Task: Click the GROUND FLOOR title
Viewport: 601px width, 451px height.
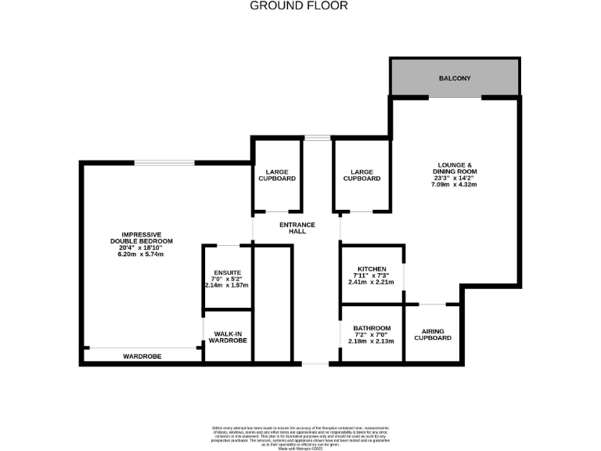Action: (x=299, y=5)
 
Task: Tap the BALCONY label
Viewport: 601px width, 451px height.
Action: (x=455, y=79)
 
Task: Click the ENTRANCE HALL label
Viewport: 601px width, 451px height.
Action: (x=297, y=229)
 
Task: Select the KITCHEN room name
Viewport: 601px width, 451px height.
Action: (x=372, y=269)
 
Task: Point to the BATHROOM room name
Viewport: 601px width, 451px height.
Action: (x=372, y=328)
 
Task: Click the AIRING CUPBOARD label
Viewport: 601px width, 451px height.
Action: (x=433, y=334)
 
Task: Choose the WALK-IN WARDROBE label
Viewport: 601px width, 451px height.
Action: (x=227, y=337)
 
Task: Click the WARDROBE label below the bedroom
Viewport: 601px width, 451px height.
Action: (x=142, y=356)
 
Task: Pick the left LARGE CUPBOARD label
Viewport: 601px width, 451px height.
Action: (x=277, y=175)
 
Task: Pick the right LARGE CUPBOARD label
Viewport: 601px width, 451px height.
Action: (x=362, y=175)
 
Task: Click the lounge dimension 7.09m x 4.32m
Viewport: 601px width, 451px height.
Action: (x=456, y=185)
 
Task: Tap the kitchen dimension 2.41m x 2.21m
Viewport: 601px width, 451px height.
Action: (x=372, y=282)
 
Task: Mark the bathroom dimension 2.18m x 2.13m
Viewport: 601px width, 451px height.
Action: (x=372, y=341)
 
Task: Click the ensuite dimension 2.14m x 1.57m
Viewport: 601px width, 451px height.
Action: (x=227, y=285)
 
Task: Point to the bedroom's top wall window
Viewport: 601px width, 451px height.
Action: (x=164, y=163)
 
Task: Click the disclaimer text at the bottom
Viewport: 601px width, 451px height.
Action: (x=300, y=435)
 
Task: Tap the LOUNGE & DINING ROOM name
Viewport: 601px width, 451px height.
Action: (x=456, y=168)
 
